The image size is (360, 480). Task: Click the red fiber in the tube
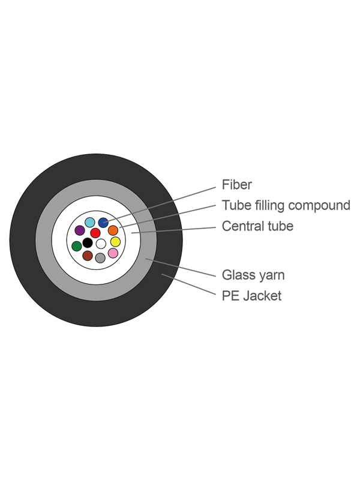pos(95,233)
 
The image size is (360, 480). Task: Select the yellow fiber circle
pos(115,242)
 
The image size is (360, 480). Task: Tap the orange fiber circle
pos(113,230)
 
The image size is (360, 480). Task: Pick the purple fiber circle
pos(79,230)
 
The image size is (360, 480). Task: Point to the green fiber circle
pos(76,246)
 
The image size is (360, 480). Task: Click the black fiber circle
pos(87,243)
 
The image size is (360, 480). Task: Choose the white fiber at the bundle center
pos(101,244)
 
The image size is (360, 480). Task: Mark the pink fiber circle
pos(113,253)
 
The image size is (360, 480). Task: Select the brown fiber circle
pos(88,256)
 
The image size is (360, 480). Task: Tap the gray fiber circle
pos(100,258)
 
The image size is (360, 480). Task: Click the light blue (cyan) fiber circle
pos(90,222)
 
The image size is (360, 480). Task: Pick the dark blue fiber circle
pos(103,223)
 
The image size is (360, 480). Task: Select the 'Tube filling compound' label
pos(286,206)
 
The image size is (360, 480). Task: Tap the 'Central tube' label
pos(257,226)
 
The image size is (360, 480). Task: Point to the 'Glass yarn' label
pos(253,275)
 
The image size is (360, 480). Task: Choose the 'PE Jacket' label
pos(251,296)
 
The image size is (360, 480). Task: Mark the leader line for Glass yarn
pos(183,268)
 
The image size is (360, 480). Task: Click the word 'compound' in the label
pos(319,206)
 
